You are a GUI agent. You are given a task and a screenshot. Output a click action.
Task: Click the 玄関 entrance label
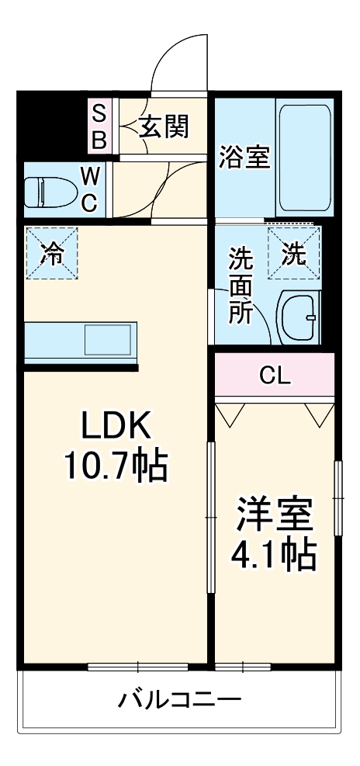(x=164, y=127)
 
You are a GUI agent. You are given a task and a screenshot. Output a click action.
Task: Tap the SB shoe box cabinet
(x=101, y=127)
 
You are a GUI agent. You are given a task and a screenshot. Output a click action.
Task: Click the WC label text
(x=89, y=192)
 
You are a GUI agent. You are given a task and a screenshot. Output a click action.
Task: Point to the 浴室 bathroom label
(x=244, y=157)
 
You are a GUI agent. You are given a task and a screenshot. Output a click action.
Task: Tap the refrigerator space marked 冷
(x=51, y=254)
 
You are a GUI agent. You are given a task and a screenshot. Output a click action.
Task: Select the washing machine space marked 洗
(x=294, y=254)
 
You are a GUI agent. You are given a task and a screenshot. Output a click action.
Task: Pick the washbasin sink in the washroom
(x=297, y=318)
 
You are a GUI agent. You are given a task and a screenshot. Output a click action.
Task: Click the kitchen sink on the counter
(x=109, y=340)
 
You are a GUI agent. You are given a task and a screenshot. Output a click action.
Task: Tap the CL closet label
(x=274, y=376)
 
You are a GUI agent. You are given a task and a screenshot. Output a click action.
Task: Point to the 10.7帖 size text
(x=114, y=466)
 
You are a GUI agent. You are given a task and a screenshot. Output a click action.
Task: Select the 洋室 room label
(x=274, y=515)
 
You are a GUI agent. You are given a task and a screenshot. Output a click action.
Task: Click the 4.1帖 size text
(x=274, y=554)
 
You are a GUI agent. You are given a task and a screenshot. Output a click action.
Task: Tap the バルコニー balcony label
(x=179, y=700)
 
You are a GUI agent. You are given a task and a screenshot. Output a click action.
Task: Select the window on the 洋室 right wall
(x=337, y=497)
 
